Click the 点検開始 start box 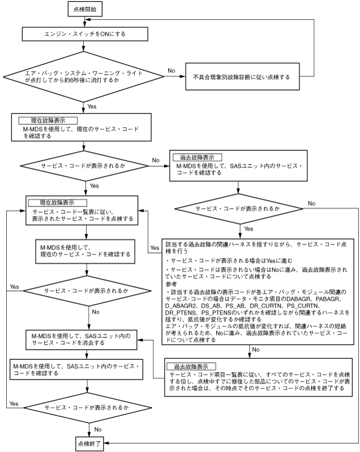click(85, 10)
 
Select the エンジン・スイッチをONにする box click(85, 34)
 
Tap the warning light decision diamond click(85, 76)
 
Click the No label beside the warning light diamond click(171, 71)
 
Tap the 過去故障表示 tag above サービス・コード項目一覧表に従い click(192, 365)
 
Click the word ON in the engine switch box click(98, 34)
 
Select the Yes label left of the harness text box click(154, 248)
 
